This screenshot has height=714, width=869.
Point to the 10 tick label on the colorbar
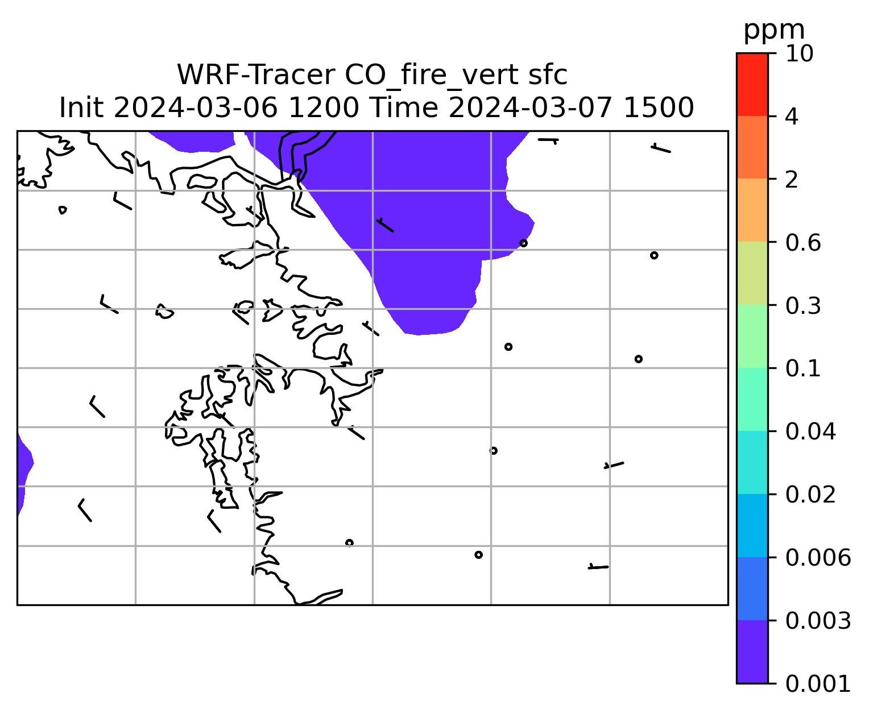(799, 53)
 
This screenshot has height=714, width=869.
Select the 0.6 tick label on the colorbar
(802, 243)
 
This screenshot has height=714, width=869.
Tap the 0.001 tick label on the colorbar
(817, 684)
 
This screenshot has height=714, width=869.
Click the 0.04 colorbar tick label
(810, 431)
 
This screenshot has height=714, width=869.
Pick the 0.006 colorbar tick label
(817, 558)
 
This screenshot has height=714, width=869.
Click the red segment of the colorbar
(752, 85)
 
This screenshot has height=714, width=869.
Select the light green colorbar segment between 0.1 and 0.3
(752, 337)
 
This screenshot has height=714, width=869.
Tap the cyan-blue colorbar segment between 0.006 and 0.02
(752, 525)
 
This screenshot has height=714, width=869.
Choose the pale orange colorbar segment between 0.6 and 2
(752, 210)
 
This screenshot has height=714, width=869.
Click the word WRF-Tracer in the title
(255, 75)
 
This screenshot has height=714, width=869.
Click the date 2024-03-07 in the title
(531, 108)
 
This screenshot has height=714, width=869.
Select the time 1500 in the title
(659, 108)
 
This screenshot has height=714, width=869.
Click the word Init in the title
(81, 108)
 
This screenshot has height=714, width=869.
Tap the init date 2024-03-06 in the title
(195, 108)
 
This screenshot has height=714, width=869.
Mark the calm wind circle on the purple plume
(523, 243)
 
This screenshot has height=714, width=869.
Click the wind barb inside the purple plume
(385, 225)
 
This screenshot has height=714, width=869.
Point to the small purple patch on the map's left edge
(24, 474)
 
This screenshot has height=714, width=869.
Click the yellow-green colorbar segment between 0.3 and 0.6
(752, 273)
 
